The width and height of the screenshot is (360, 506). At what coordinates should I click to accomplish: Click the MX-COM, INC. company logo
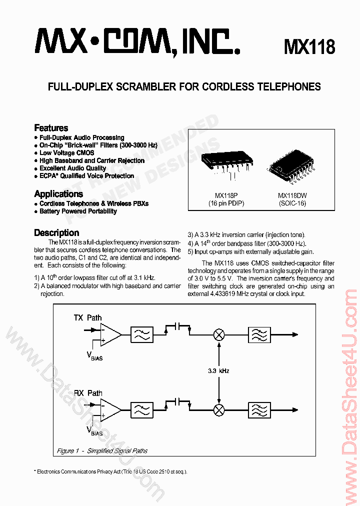tap(137, 41)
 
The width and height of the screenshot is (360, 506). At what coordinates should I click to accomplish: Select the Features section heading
tap(51, 128)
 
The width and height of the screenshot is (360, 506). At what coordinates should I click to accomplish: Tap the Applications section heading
tap(58, 194)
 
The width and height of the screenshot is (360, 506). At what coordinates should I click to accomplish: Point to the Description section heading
tap(56, 233)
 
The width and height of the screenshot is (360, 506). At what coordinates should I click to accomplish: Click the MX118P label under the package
tap(226, 196)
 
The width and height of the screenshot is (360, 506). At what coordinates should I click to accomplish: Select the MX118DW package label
tap(292, 196)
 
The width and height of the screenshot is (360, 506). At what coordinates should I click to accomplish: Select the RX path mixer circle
tap(218, 410)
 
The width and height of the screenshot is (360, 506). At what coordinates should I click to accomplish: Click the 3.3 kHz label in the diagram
tap(218, 370)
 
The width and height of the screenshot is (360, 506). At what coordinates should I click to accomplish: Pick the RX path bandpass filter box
tap(259, 410)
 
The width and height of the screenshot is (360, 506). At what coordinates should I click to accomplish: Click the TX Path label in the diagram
tap(87, 317)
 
